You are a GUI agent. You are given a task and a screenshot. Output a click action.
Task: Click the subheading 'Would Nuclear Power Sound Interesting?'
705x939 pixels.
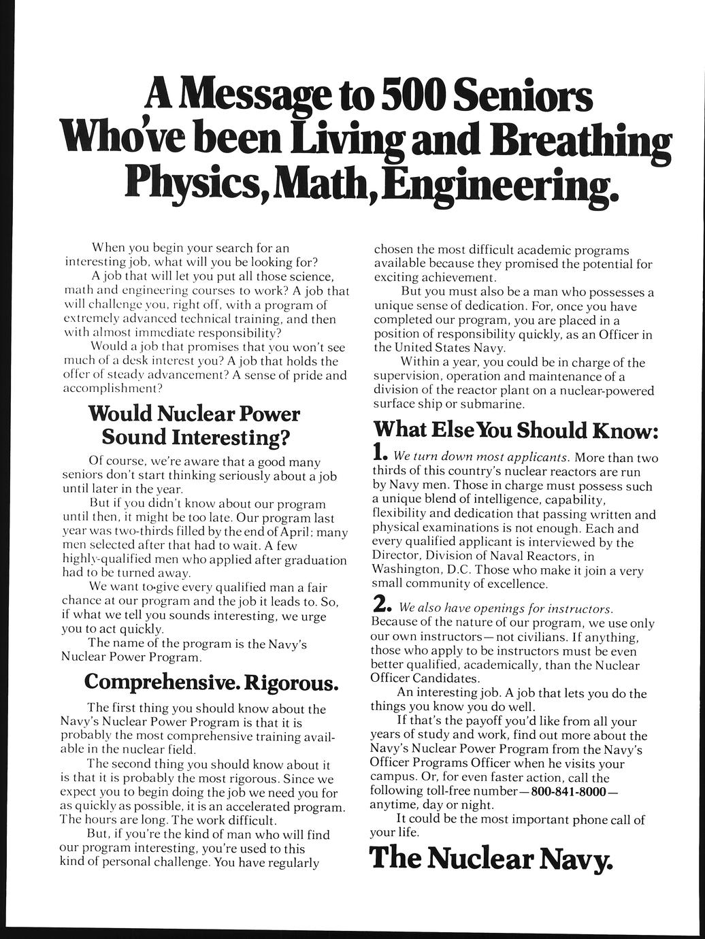194,424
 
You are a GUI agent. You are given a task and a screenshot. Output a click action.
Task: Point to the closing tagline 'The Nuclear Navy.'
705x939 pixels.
491,859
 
